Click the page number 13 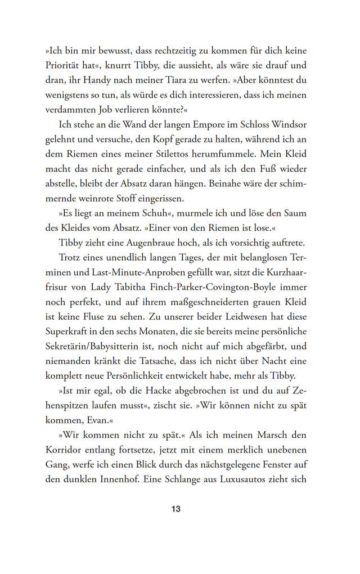pos(175,509)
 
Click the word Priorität pos(64,65)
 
